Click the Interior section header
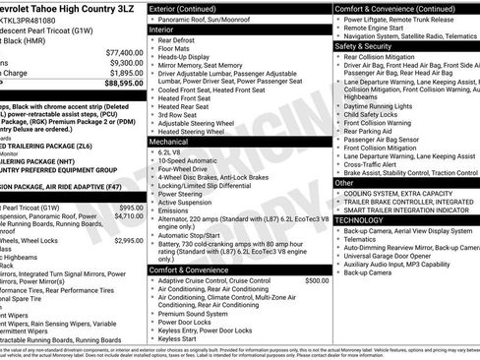click(161, 30)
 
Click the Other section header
click(344, 183)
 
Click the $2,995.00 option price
click(128, 240)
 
